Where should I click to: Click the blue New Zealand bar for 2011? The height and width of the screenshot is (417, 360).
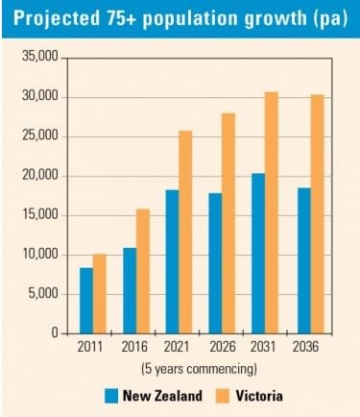[x=86, y=300]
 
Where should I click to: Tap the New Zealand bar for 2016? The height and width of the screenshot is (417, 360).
[x=130, y=290]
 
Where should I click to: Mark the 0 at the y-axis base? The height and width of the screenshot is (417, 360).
[x=55, y=333]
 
